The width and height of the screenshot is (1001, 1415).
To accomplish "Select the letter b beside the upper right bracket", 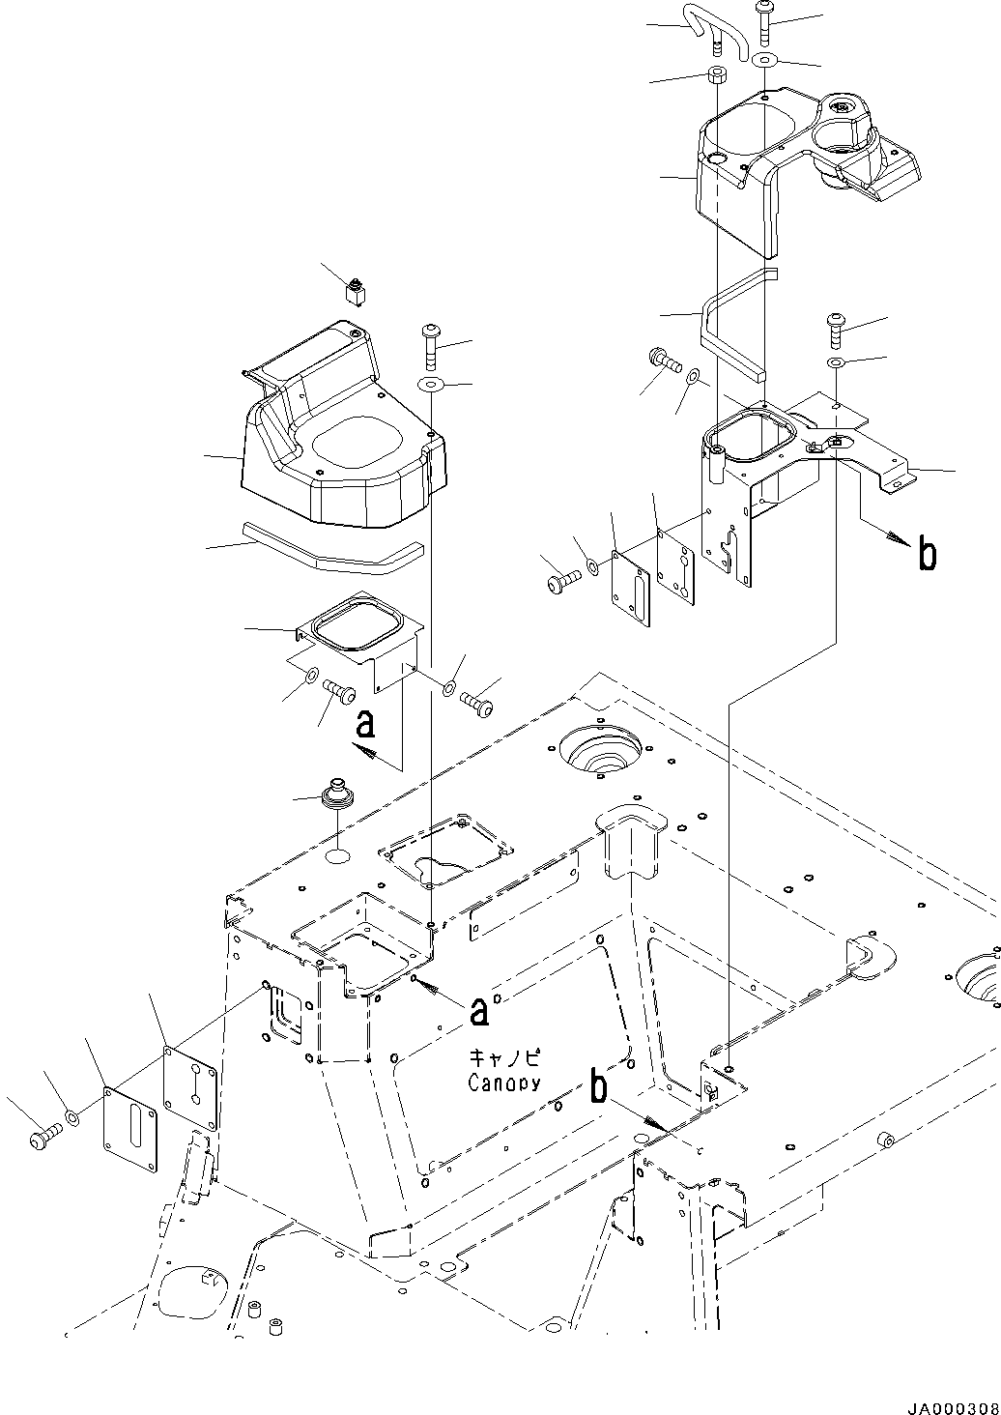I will pos(927,556).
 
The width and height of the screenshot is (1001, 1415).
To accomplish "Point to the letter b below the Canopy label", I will pos(600,1088).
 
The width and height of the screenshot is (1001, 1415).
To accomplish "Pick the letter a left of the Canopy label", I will pos(478,1011).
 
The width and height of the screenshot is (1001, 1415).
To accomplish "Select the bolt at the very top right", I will pos(765,21).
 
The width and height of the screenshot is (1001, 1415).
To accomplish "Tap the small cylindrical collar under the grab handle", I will pos(715,76).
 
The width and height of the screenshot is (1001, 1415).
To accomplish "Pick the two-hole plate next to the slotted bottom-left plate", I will pos(190,1087).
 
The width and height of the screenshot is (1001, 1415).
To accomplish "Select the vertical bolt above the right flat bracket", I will pos(834,330).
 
